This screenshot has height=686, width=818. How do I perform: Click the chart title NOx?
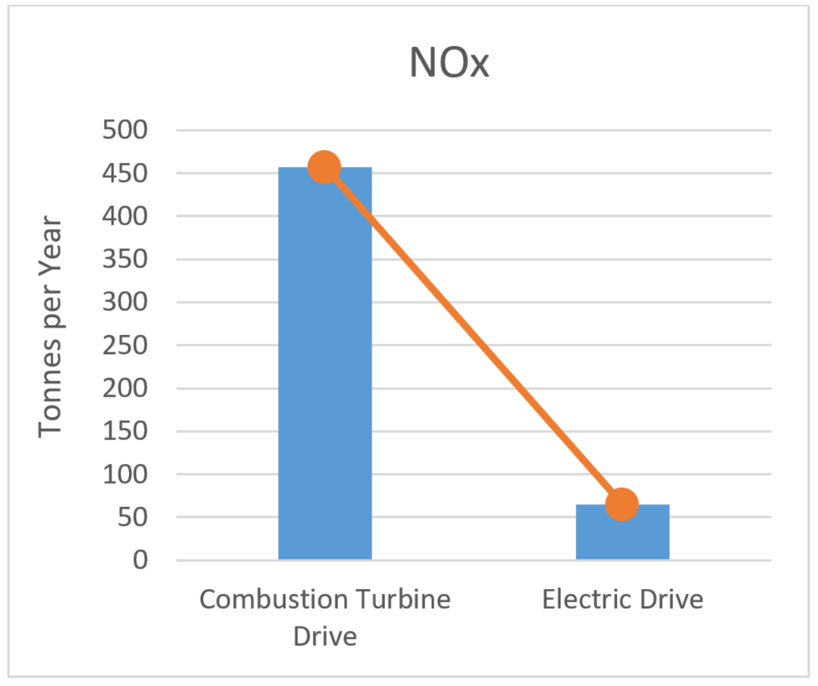tap(449, 63)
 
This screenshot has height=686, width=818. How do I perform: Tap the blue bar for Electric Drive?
tap(622, 536)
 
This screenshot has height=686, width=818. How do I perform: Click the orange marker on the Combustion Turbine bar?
tap(325, 167)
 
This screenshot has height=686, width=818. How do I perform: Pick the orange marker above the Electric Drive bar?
tap(622, 504)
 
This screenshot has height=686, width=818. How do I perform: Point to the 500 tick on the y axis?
tap(125, 130)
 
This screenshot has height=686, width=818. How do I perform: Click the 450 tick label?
tap(125, 173)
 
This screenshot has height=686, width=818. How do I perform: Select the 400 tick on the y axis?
tap(125, 216)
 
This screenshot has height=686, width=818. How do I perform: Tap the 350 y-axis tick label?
tap(125, 259)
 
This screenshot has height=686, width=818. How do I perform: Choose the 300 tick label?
tap(125, 302)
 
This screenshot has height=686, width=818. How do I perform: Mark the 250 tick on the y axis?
tap(125, 345)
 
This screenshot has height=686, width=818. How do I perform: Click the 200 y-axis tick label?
tap(125, 388)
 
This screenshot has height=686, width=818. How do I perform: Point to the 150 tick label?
tap(125, 431)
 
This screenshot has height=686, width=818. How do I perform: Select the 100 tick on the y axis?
tap(125, 474)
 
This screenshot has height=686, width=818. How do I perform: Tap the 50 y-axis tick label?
tap(133, 517)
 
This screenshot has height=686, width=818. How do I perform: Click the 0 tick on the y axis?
tap(141, 560)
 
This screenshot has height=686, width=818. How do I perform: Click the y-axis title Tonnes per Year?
tap(50, 327)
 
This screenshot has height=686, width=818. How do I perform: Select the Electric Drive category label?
tap(622, 599)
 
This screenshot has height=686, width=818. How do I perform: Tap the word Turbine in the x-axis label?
tap(404, 599)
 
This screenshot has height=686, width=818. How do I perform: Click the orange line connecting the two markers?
tap(473, 336)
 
